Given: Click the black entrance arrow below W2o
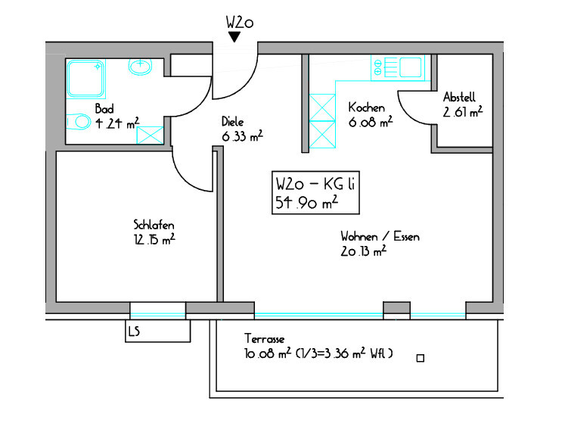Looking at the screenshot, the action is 234,36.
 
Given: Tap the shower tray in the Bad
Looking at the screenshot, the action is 85,79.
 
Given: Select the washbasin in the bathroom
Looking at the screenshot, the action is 140,67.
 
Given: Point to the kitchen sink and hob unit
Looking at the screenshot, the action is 398,68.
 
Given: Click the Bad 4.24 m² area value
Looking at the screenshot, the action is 117,123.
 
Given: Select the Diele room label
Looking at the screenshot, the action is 232,121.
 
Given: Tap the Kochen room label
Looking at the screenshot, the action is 367,107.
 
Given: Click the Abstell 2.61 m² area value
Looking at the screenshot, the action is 463,112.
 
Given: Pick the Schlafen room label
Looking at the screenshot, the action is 154,225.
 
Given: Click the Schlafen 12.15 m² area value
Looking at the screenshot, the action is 154,239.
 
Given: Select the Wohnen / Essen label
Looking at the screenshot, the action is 380,237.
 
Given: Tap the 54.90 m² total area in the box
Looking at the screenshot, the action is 306,202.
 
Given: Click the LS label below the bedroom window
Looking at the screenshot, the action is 134,331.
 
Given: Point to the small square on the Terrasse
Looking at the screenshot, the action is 420,358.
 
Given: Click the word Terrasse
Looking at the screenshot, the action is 265,338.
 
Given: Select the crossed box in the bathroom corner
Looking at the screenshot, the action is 150,135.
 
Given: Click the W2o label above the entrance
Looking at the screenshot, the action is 240,23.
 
